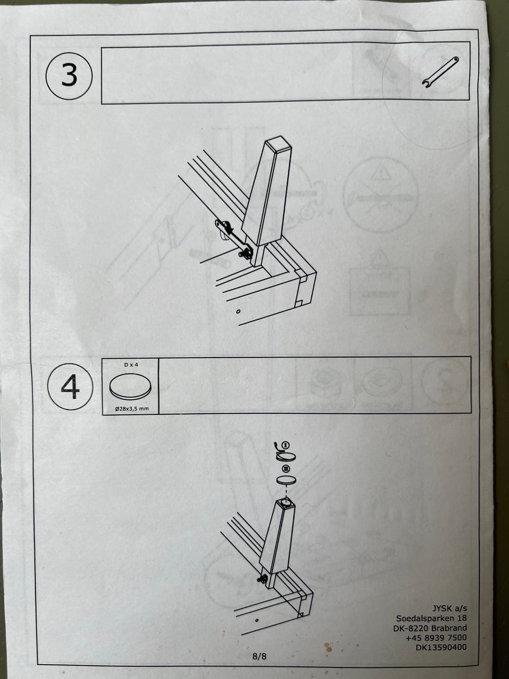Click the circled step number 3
pyautogui.click(x=69, y=76)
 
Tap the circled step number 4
pyautogui.click(x=70, y=387)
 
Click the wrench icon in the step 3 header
pyautogui.click(x=441, y=72)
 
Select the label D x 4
pyautogui.click(x=131, y=365)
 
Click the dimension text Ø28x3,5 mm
pyautogui.click(x=131, y=408)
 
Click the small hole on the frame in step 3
pyautogui.click(x=238, y=311)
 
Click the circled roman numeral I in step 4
pyautogui.click(x=286, y=445)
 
